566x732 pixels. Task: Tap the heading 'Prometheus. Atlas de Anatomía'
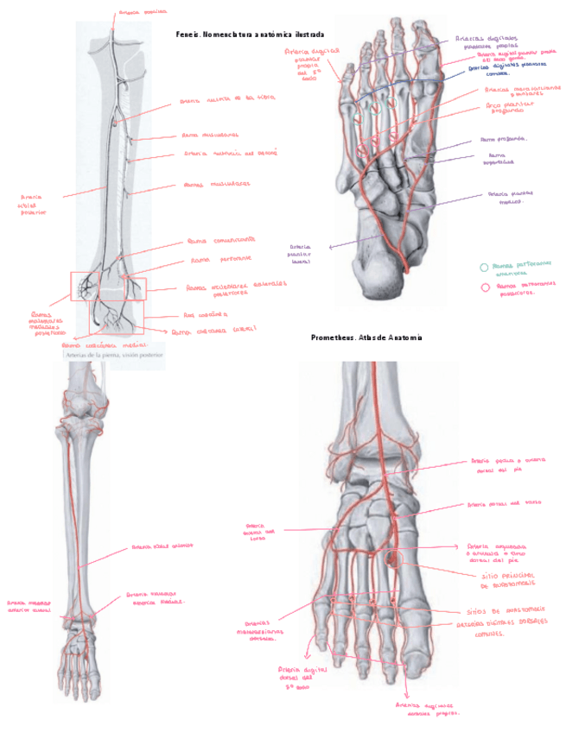click(x=366, y=338)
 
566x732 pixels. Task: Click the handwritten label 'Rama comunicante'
click(x=221, y=240)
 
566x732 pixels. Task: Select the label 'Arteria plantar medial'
click(x=509, y=198)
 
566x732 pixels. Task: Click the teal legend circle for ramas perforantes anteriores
click(x=484, y=268)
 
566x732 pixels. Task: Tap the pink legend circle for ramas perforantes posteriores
click(x=484, y=287)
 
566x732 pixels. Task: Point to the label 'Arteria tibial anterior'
click(x=162, y=546)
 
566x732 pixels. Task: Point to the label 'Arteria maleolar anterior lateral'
click(x=29, y=607)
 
